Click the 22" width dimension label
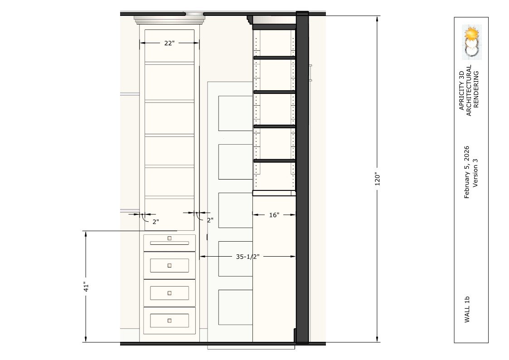point(169,43)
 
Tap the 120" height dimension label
point(377,179)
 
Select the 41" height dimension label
point(86,287)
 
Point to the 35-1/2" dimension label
point(247,257)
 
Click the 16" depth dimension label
point(274,215)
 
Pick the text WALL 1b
point(467,309)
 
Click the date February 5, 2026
point(467,172)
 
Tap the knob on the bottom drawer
point(170,321)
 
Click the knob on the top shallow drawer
point(170,238)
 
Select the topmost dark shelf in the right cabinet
point(274,58)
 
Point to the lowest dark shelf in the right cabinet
point(274,161)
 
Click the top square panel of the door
point(235,113)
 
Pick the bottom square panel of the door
point(235,307)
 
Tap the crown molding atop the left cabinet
point(170,20)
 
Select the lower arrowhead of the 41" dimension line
point(86,339)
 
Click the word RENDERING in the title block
point(476,90)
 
